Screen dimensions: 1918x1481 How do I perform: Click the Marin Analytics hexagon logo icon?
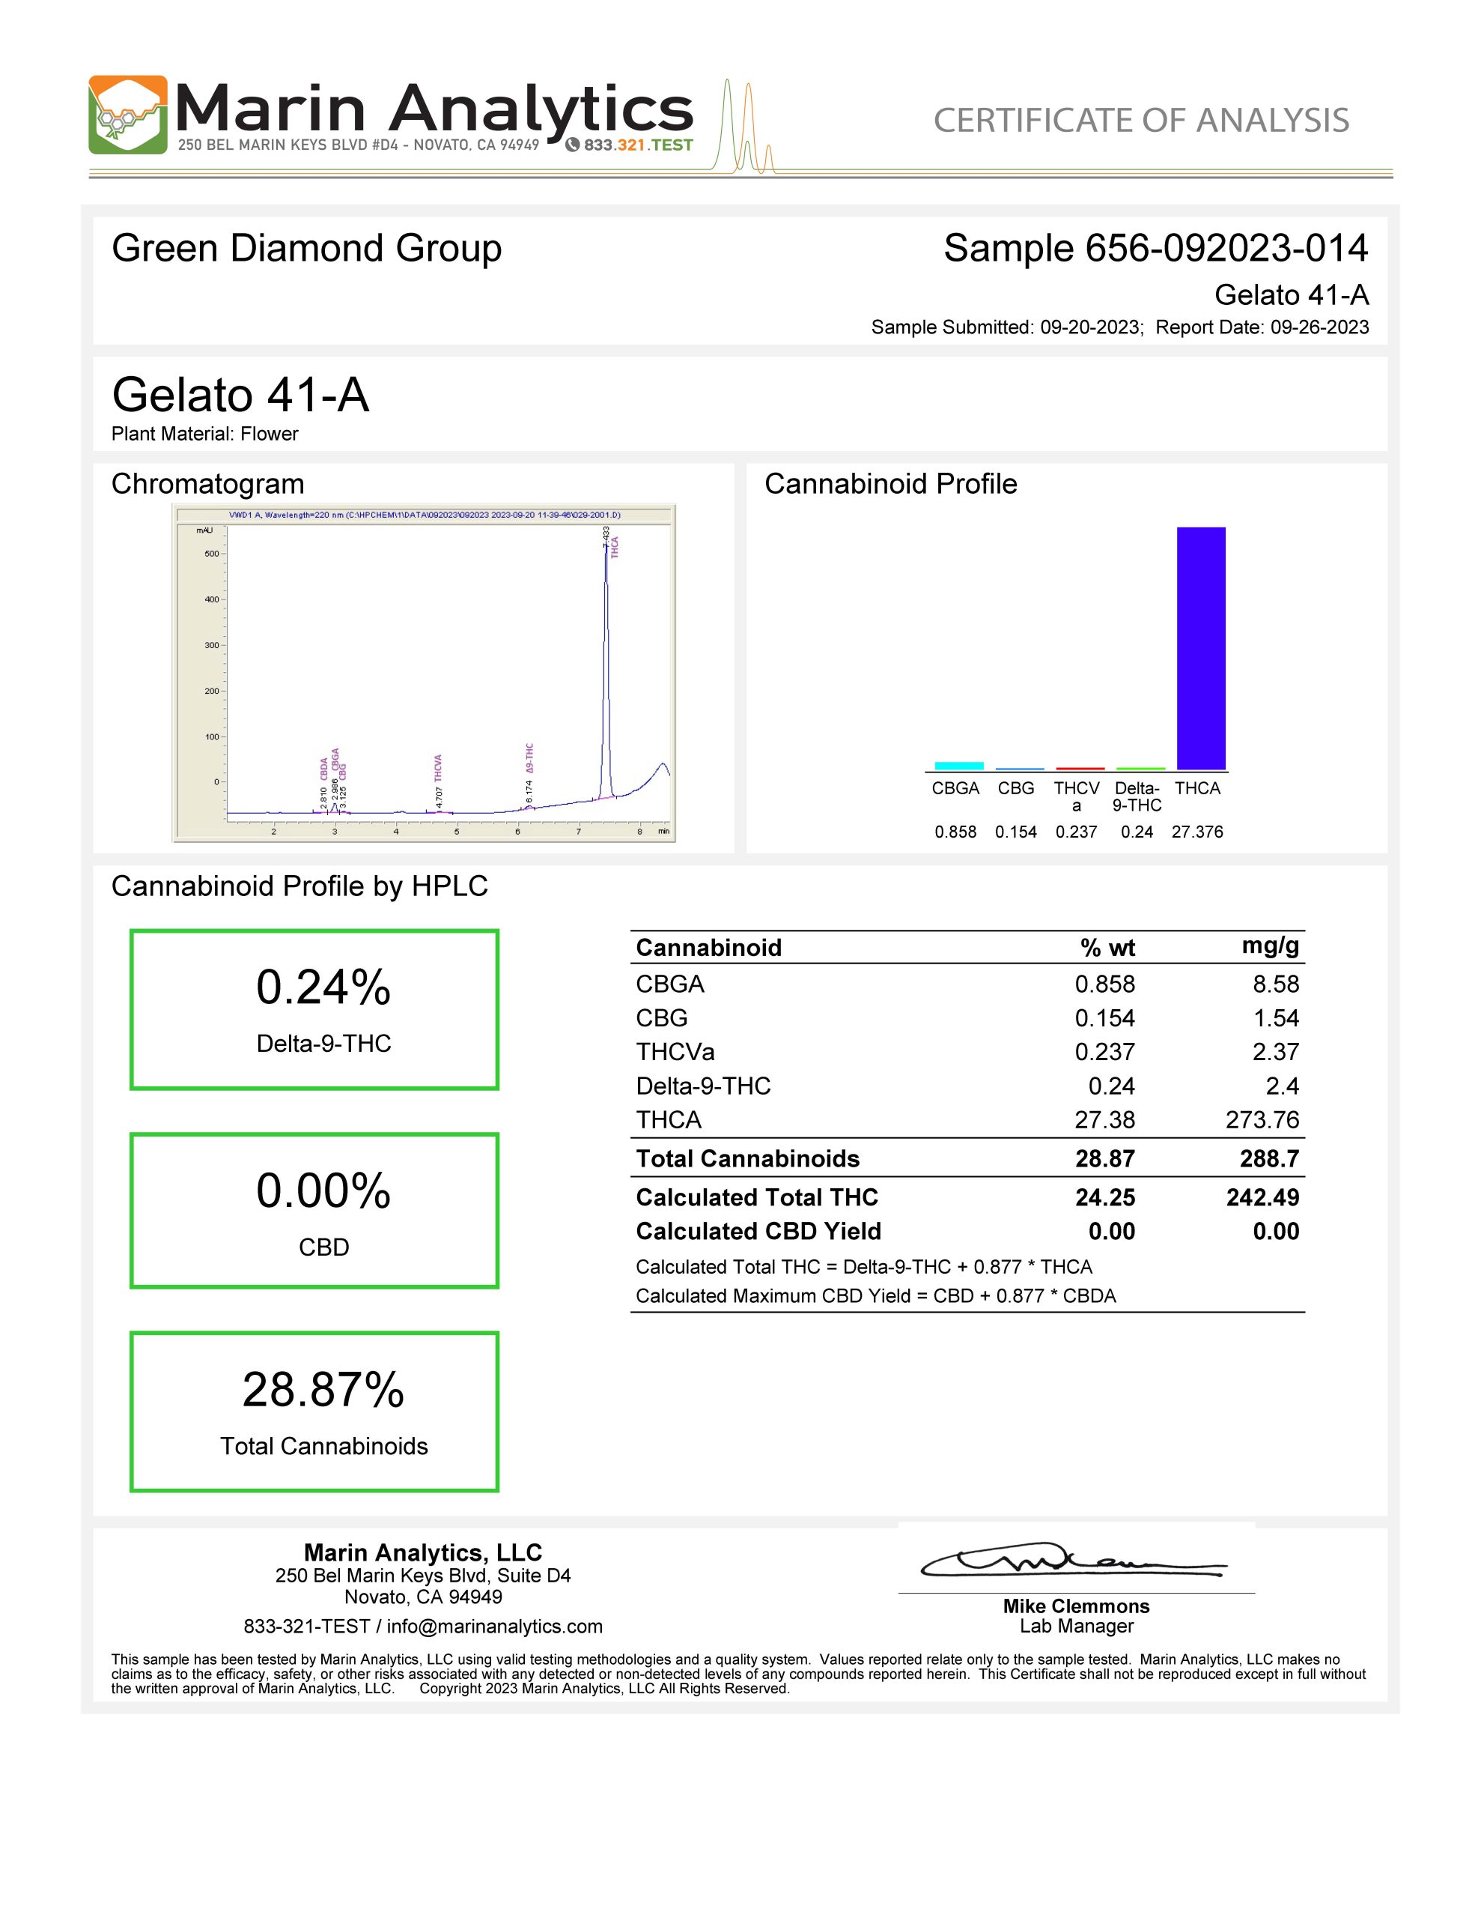(127, 115)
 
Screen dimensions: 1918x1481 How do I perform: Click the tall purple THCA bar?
(1200, 648)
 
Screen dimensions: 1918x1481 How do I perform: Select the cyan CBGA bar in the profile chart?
(958, 766)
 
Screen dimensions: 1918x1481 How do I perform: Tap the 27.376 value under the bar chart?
(1196, 832)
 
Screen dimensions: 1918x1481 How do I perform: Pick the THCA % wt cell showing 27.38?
(1104, 1120)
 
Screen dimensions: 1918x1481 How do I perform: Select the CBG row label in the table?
(662, 1018)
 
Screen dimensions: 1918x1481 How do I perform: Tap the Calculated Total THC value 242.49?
(1262, 1197)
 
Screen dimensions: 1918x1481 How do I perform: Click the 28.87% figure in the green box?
(323, 1391)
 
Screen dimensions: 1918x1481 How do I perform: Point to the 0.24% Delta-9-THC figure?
(323, 987)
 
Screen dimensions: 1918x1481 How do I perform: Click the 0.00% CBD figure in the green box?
(323, 1191)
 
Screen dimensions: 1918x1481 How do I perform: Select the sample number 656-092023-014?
(1226, 249)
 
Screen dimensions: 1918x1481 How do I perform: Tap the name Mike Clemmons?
(1076, 1606)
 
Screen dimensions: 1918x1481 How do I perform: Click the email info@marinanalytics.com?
(494, 1627)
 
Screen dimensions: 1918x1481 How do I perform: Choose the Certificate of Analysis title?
(1140, 121)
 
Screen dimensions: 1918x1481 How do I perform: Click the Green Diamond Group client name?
(306, 249)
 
